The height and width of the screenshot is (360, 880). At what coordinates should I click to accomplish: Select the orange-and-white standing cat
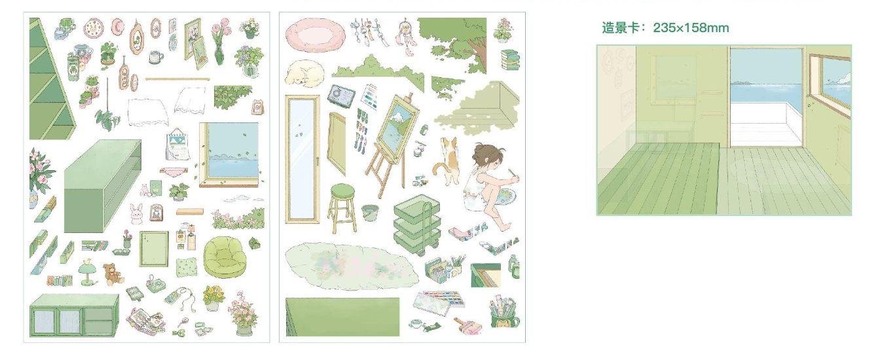[x=447, y=161]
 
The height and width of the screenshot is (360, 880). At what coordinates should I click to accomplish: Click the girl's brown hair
[x=486, y=154]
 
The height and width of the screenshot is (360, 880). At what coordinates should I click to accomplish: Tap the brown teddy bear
[x=113, y=274]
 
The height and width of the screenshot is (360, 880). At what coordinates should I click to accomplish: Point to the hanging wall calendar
[x=178, y=145]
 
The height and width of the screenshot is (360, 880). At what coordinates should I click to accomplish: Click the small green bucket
[x=370, y=212]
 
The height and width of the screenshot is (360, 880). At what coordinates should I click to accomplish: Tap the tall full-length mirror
[x=302, y=159]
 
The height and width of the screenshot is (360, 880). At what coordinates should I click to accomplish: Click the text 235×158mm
[x=691, y=28]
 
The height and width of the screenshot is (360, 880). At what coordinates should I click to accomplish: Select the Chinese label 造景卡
[x=620, y=28]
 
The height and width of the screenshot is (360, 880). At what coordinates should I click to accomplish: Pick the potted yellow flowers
[x=213, y=297]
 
